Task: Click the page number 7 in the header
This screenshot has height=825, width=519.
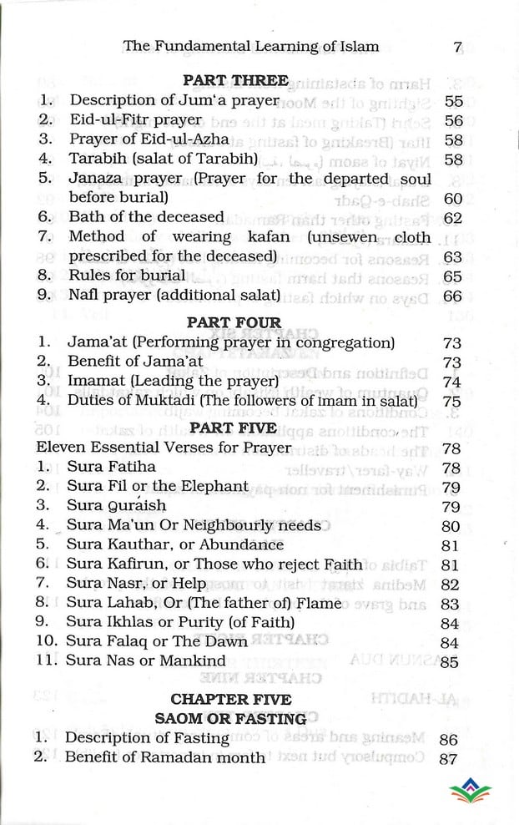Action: [457, 47]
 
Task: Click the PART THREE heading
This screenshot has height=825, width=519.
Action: [234, 81]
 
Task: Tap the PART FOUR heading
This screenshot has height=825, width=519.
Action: [234, 321]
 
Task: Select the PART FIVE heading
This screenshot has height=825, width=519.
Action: [233, 428]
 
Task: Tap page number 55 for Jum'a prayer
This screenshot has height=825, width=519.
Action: [454, 101]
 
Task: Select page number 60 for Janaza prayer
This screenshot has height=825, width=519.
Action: [454, 199]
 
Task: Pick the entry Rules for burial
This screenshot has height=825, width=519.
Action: [127, 276]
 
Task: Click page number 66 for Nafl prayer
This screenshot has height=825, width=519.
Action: [454, 296]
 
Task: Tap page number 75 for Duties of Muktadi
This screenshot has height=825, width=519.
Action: [451, 402]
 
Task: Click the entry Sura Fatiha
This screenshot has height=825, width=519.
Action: [111, 467]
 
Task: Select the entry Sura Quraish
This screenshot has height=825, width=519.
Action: [116, 505]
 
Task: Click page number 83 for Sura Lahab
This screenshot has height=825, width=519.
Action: [450, 604]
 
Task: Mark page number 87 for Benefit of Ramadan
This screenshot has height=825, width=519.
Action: [448, 758]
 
